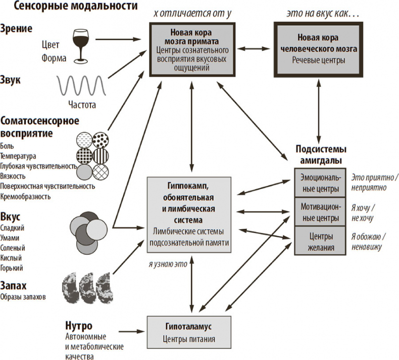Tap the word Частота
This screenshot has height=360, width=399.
tap(81, 105)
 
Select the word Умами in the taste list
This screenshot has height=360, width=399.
tap(12, 238)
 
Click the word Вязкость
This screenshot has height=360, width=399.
tap(14, 175)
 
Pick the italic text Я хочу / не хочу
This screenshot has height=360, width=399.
tap(368, 212)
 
